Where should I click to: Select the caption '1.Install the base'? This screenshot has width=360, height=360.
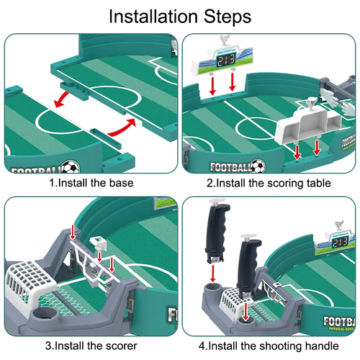click(x=91, y=183)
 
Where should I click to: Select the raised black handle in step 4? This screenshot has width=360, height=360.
click(x=215, y=230)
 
